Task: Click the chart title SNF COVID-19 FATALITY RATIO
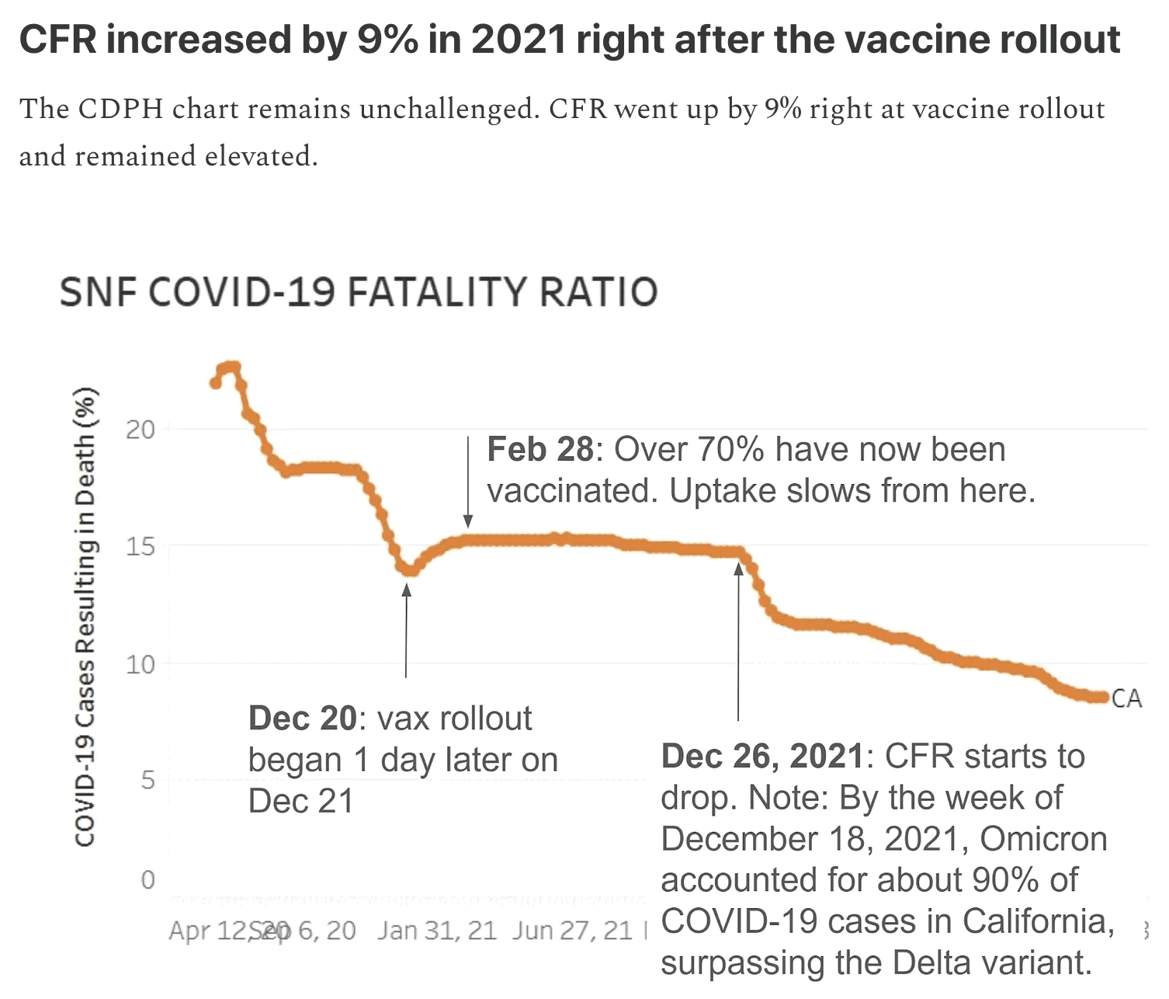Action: pos(358,293)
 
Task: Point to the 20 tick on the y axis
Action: pos(140,429)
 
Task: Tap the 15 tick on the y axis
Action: pos(140,546)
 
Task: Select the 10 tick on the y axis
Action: pos(140,664)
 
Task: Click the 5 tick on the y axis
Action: pos(147,779)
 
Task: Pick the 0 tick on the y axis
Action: pos(147,879)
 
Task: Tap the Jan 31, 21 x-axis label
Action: pos(437,930)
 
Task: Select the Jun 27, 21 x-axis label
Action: pos(573,930)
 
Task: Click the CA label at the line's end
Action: pos(1126,698)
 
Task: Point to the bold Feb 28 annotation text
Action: pos(539,450)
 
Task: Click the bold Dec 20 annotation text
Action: pos(302,719)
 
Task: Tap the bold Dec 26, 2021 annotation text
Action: pos(761,756)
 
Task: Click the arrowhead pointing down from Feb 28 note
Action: pos(468,520)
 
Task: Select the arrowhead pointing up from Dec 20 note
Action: pos(406,590)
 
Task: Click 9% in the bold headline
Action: pos(387,40)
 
